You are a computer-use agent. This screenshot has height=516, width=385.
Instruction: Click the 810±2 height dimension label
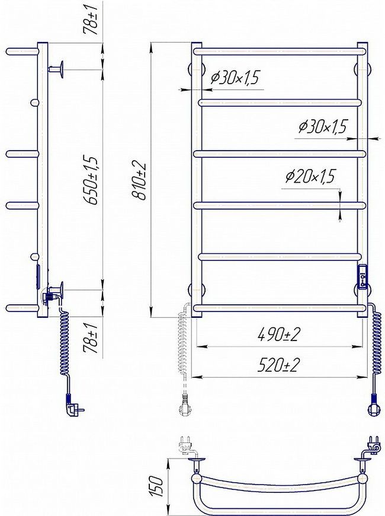[x=139, y=180]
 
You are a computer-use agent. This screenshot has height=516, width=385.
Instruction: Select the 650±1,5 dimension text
[x=92, y=180]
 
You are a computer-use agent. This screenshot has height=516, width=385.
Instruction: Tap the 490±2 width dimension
[x=279, y=335]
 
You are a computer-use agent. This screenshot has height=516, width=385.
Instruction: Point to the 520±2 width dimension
[x=279, y=365]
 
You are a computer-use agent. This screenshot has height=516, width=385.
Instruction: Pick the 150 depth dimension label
[x=157, y=486]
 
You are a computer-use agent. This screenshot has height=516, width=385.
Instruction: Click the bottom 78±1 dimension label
[x=90, y=338]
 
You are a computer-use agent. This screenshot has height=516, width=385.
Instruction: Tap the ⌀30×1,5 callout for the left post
[x=235, y=77]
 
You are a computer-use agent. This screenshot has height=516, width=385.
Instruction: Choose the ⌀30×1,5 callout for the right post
[x=323, y=126]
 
